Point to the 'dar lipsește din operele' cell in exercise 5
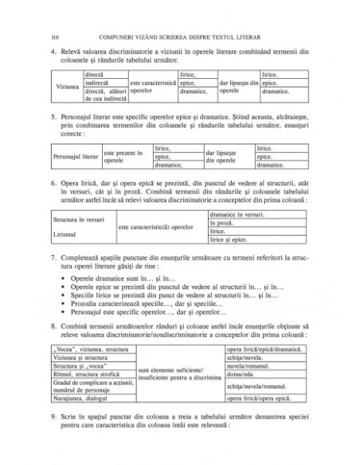click(227, 156)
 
